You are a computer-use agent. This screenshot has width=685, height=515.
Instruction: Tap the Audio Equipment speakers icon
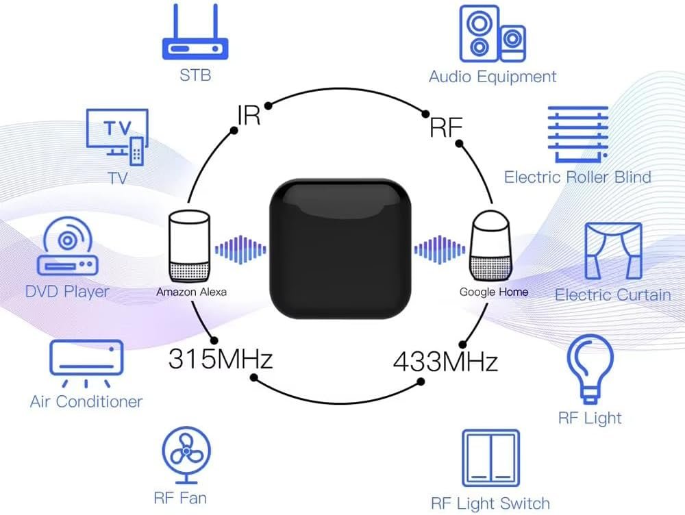coord(493,34)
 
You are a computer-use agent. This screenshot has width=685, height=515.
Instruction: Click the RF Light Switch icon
coord(491,457)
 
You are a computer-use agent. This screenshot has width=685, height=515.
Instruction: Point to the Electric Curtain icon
coord(613,251)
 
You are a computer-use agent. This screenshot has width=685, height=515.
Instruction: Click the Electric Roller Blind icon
coord(578,134)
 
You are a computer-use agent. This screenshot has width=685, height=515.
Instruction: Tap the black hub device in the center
coord(340,248)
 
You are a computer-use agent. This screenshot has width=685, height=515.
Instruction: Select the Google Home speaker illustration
coord(490,245)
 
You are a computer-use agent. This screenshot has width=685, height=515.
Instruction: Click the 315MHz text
coord(220,359)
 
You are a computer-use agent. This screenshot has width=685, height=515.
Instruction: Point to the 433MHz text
coord(445,362)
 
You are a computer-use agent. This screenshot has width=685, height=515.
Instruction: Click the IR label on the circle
coord(249,115)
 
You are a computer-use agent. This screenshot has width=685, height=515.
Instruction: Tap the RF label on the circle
coord(446,127)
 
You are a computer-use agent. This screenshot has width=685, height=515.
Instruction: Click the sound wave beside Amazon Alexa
coord(240,250)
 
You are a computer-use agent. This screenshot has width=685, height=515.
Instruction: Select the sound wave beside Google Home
coord(440,250)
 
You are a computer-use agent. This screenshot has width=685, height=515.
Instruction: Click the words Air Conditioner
coord(86,401)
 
